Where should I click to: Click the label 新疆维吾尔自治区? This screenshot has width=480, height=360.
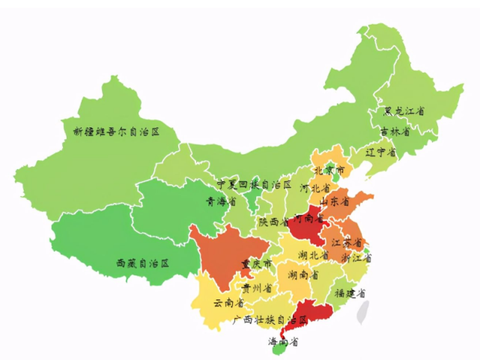tap(116, 132)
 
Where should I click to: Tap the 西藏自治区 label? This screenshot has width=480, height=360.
tap(142, 263)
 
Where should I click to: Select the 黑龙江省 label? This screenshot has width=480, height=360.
tap(404, 112)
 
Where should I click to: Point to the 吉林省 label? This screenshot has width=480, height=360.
tap(395, 131)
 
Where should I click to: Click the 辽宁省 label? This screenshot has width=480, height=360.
tap(381, 152)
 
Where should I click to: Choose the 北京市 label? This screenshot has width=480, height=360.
tap(329, 171)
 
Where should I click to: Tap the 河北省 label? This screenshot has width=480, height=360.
tap(315, 187)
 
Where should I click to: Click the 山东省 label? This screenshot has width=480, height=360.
tap(335, 202)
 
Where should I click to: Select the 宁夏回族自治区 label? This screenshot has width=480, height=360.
tap(254, 184)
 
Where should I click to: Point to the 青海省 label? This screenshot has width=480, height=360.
tap(221, 201)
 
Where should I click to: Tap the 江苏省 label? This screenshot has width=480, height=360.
tap(347, 243)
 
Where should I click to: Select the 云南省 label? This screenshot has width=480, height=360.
tap(228, 303)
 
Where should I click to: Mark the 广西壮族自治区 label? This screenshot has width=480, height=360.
tap(270, 320)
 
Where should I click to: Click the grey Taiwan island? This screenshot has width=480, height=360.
tap(363, 311)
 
